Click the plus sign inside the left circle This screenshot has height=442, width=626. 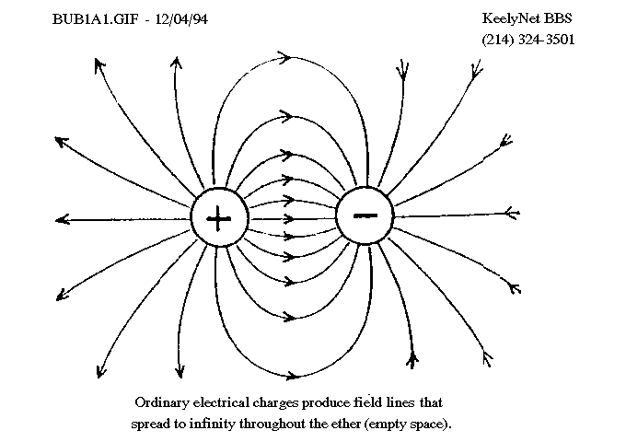(218, 218)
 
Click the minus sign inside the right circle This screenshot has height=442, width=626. (365, 215)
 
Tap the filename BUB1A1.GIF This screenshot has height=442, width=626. (96, 19)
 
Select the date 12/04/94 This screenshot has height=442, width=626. (181, 19)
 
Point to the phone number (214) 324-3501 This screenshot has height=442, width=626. (528, 40)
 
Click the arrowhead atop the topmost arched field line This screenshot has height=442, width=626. (285, 57)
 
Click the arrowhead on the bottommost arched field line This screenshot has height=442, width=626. (292, 376)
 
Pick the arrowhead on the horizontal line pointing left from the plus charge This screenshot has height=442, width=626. (62, 219)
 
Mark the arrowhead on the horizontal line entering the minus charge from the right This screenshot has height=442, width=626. (512, 214)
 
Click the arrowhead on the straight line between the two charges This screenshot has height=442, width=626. (289, 219)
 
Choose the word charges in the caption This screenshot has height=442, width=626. (275, 402)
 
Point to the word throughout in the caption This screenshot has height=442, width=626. (272, 423)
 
